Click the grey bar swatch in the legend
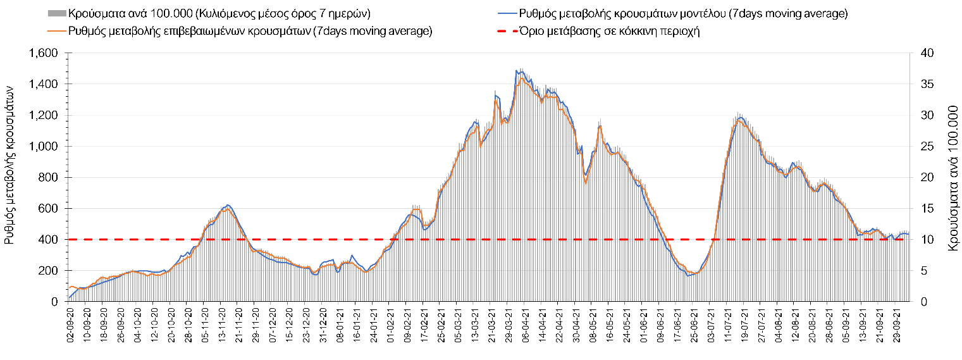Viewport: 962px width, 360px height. point(56,13)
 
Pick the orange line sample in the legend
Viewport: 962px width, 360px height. point(56,31)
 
